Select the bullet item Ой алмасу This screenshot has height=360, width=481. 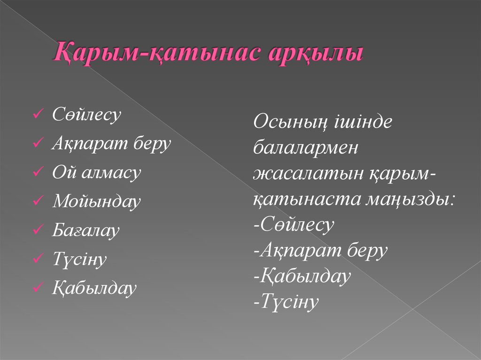96,173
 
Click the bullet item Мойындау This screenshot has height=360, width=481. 96,202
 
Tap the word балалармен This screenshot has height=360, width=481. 305,149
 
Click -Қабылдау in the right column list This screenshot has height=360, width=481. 302,276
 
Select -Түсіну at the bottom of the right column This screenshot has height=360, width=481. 286,302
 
